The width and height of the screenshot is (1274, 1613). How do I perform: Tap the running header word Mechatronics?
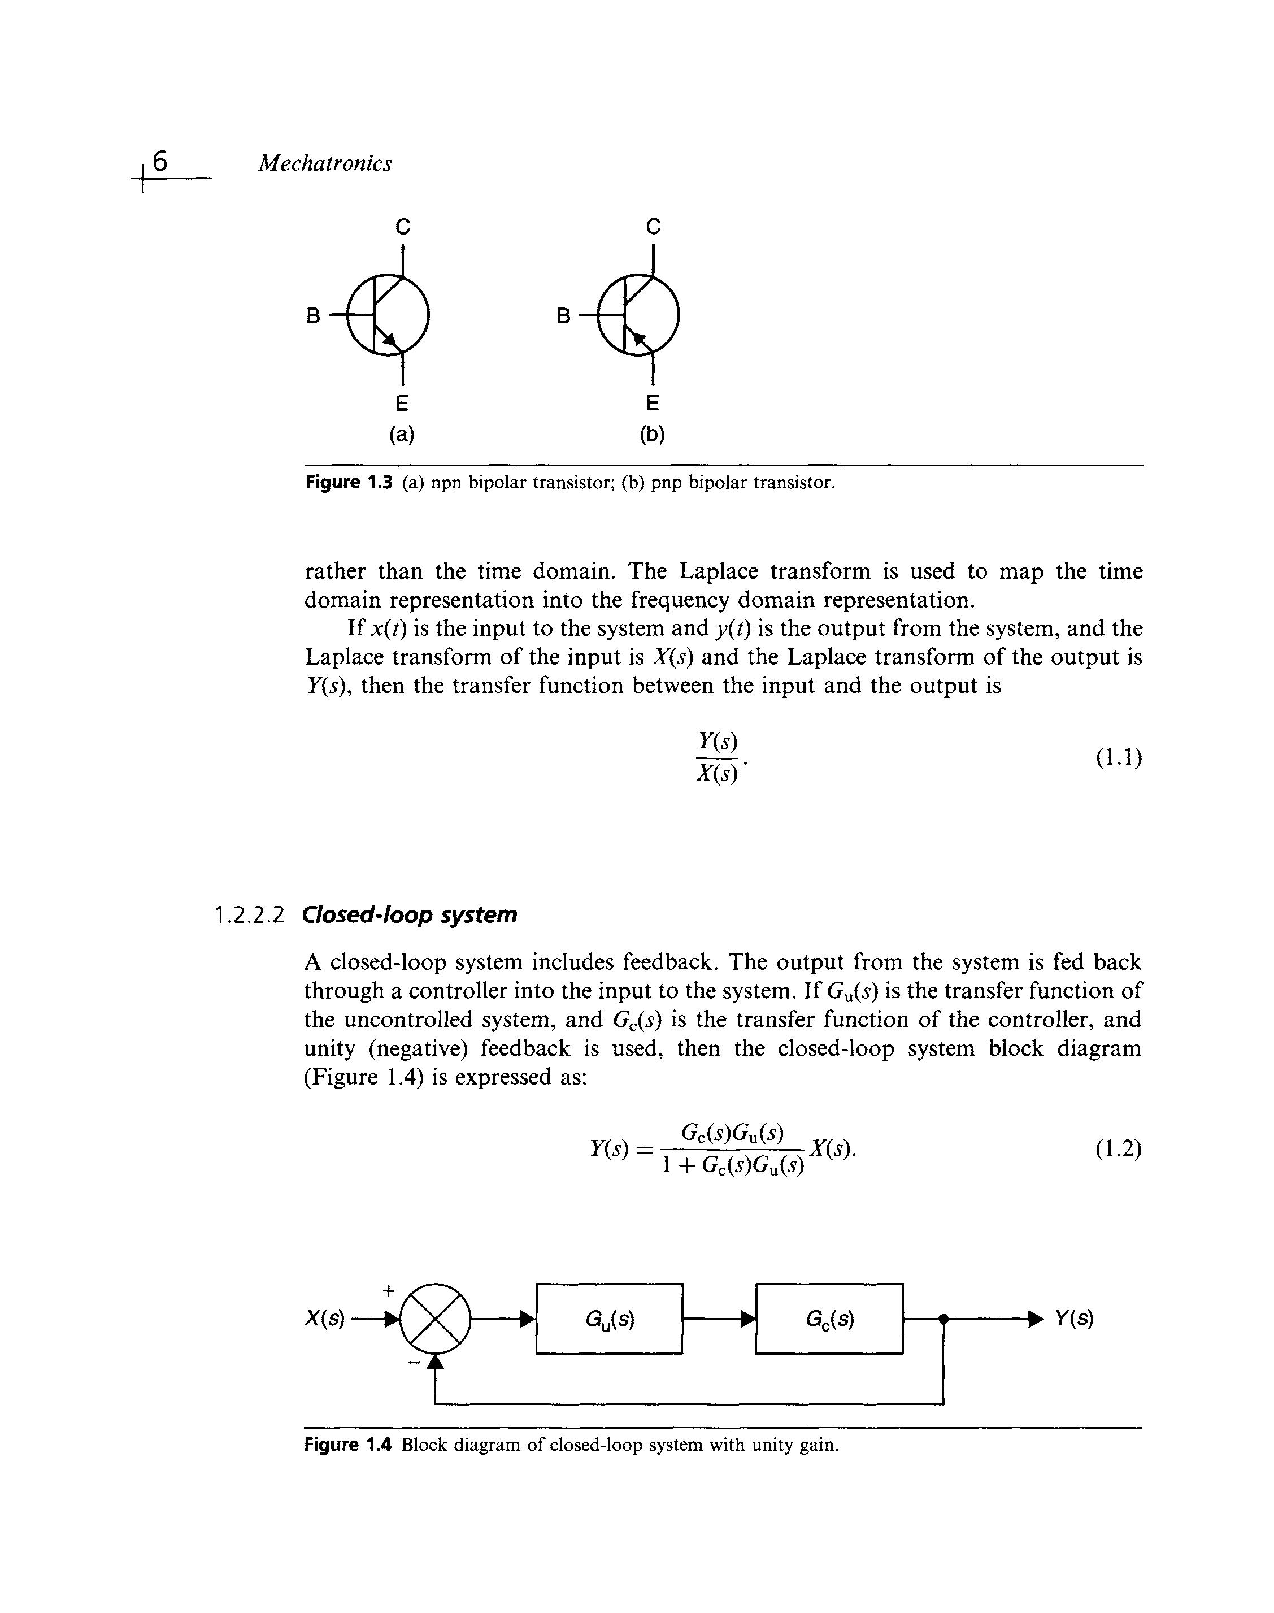click(324, 163)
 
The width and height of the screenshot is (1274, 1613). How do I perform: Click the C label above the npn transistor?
click(403, 226)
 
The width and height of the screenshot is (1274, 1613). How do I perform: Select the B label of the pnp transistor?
click(564, 316)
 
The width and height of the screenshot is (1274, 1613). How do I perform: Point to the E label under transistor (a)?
click(402, 404)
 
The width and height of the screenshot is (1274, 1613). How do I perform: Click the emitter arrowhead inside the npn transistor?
click(389, 340)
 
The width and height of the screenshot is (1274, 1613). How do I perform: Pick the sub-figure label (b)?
click(653, 434)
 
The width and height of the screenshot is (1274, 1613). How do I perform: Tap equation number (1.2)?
click(1119, 1148)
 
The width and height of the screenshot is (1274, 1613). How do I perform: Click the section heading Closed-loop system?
click(410, 914)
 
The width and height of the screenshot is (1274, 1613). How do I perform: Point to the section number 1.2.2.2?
click(250, 914)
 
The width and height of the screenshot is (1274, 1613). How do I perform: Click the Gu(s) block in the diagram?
click(610, 1320)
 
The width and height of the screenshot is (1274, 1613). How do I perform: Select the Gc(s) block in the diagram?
click(829, 1320)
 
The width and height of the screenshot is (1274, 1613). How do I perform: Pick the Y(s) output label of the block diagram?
click(1074, 1320)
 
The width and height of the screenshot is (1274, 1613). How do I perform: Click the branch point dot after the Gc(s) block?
click(943, 1319)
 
